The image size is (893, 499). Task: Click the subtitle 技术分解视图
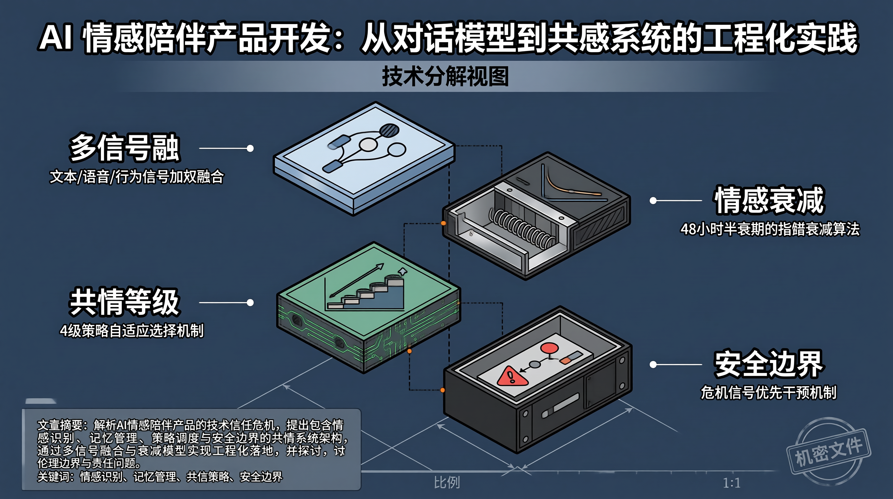445,76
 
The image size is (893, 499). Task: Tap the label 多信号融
125,148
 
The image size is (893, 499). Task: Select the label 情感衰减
769,200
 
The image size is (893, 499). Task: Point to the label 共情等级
125,302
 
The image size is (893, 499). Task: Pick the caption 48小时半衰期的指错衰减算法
770,229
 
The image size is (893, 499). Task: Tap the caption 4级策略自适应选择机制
132,331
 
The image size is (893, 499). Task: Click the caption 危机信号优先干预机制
768,392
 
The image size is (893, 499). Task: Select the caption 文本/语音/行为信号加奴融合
137,177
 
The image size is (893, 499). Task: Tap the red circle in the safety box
549,348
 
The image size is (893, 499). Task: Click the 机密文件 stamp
828,452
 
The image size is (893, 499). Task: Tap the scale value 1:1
732,483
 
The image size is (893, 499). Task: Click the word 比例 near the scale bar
447,482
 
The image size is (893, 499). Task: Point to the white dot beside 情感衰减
653,200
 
